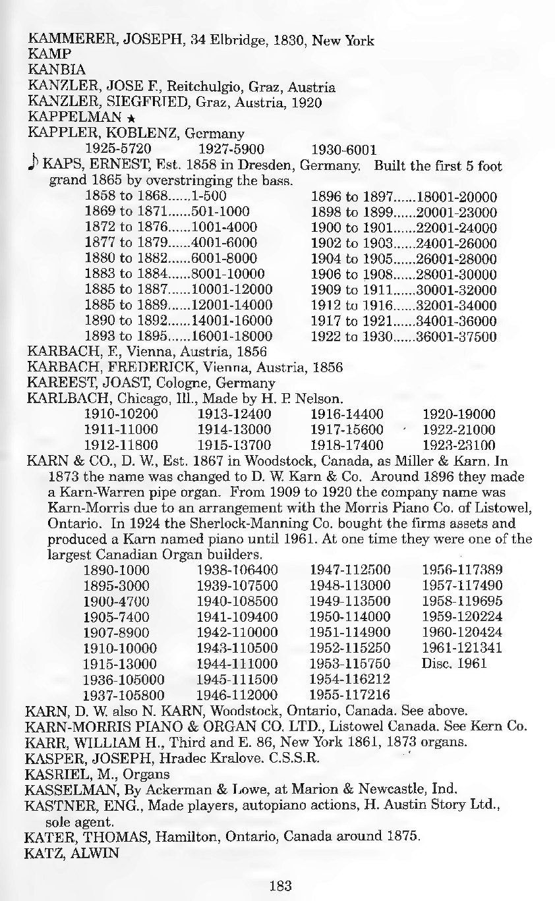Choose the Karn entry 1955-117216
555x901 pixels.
pyautogui.click(x=350, y=694)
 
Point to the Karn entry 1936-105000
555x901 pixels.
pyautogui.click(x=124, y=679)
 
